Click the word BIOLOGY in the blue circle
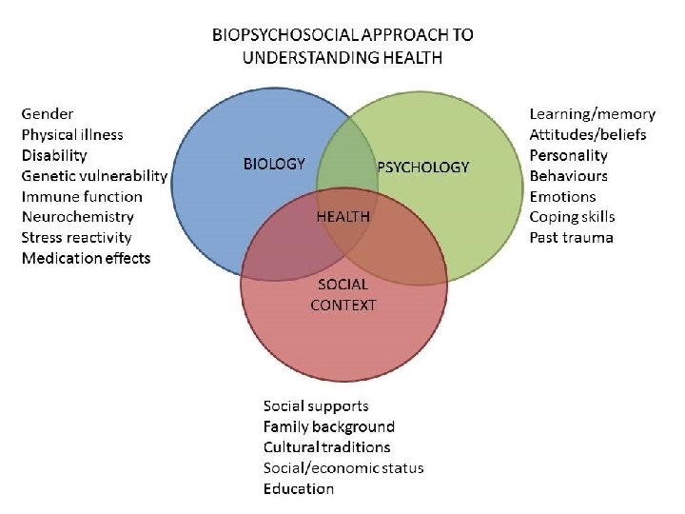[274, 164]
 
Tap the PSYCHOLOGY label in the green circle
[423, 168]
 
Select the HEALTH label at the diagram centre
[342, 216]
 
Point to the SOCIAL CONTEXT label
[343, 295]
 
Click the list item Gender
[48, 114]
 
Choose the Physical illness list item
[72, 135]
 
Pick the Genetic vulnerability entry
[94, 176]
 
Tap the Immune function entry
[82, 197]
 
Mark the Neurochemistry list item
[78, 217]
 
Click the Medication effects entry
[86, 258]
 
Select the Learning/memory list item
[592, 114]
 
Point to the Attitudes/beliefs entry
[588, 135]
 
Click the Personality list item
[568, 155]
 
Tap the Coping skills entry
[572, 217]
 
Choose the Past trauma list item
[571, 237]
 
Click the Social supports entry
[316, 406]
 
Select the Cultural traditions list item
[326, 447]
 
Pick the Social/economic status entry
[343, 468]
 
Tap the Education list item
[299, 489]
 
